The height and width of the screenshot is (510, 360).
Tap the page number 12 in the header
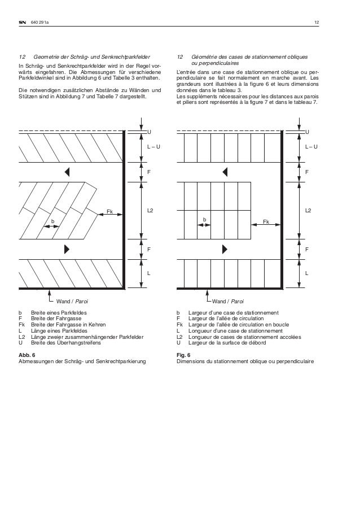(x=317, y=23)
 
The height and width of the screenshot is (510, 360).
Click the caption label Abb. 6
(x=27, y=355)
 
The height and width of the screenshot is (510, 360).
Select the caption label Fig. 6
(x=183, y=355)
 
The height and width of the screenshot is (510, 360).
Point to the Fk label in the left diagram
(x=109, y=211)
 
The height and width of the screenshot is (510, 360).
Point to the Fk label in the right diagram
(x=266, y=221)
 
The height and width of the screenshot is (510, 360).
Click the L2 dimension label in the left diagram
(x=151, y=210)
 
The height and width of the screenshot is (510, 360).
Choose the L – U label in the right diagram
(x=311, y=147)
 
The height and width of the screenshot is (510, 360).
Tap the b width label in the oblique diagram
(x=52, y=220)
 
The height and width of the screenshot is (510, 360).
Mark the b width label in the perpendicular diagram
(x=204, y=219)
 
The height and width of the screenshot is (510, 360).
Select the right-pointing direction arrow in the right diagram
(x=224, y=249)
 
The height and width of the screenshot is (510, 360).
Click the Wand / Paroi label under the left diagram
(x=71, y=302)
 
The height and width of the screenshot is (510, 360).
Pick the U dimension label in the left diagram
(x=149, y=132)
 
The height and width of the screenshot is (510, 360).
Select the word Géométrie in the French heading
(x=205, y=57)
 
